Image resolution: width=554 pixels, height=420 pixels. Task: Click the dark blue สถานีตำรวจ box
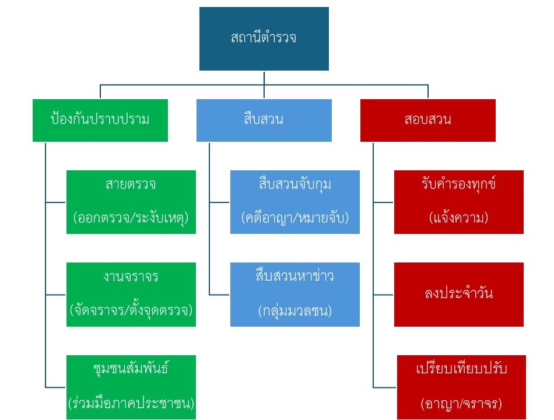(264, 38)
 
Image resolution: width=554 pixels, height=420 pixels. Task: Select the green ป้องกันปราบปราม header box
(100, 120)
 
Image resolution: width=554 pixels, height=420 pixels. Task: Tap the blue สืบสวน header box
(264, 120)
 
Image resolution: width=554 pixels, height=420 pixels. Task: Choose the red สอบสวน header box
(427, 120)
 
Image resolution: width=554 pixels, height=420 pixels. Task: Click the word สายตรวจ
(131, 185)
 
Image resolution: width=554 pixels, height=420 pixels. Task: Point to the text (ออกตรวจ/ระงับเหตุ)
(131, 218)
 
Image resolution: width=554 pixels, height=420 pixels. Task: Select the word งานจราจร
(131, 277)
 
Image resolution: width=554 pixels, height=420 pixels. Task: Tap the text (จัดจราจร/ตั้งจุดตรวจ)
(131, 310)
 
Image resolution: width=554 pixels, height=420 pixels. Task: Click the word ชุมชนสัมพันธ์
(131, 369)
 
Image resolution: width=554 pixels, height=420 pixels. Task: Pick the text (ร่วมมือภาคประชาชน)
(131, 402)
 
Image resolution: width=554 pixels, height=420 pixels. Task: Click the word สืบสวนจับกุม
(294, 185)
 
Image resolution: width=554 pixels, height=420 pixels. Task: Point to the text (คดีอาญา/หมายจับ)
(294, 218)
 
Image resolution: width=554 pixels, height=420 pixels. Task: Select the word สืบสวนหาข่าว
(294, 277)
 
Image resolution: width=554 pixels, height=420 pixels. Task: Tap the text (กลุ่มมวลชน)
(294, 310)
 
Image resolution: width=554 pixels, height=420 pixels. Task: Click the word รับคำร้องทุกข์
(458, 185)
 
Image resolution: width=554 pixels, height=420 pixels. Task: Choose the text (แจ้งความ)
(458, 218)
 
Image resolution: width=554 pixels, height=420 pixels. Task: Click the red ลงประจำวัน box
(458, 294)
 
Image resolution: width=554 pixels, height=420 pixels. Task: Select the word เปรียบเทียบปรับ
(461, 369)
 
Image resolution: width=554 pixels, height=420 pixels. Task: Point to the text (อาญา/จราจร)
(461, 402)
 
